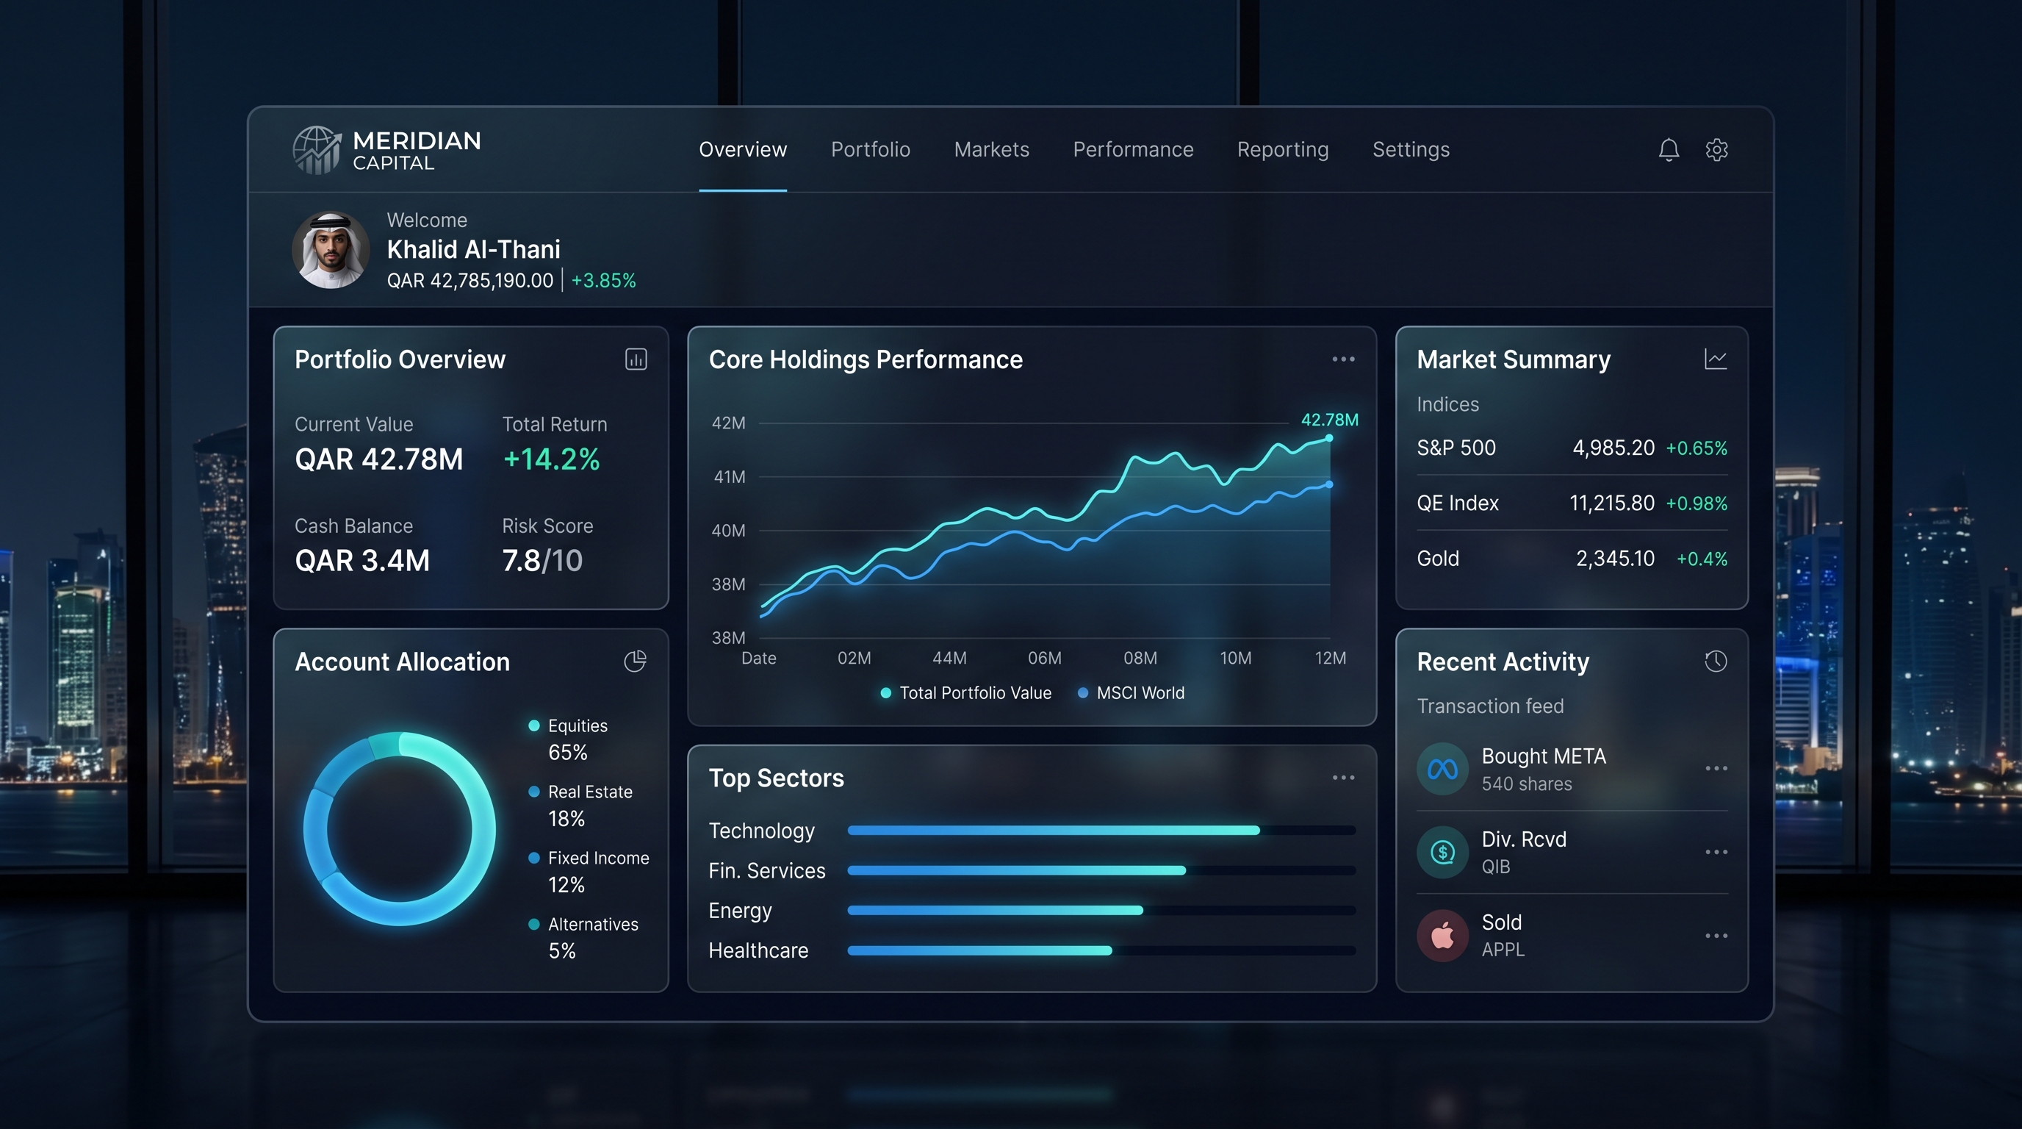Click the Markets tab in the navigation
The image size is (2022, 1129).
point(991,149)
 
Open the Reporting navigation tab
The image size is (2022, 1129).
point(1283,149)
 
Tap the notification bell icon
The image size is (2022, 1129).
point(1669,149)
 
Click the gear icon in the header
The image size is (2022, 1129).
point(1716,149)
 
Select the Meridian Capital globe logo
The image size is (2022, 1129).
point(317,149)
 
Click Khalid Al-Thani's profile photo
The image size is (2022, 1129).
point(331,250)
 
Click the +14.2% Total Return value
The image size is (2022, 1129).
point(551,459)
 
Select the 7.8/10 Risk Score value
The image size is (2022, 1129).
point(542,561)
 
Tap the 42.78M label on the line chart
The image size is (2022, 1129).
point(1330,419)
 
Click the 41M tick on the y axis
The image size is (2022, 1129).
point(729,476)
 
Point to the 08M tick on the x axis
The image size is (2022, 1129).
point(1140,658)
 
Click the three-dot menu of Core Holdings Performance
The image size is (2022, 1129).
point(1343,359)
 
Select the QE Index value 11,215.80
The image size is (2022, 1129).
point(1611,503)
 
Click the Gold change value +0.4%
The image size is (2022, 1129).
point(1702,559)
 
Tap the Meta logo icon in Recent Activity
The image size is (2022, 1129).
point(1443,769)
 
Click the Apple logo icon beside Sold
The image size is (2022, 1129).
point(1443,935)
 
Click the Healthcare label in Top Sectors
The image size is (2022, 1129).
point(758,950)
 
